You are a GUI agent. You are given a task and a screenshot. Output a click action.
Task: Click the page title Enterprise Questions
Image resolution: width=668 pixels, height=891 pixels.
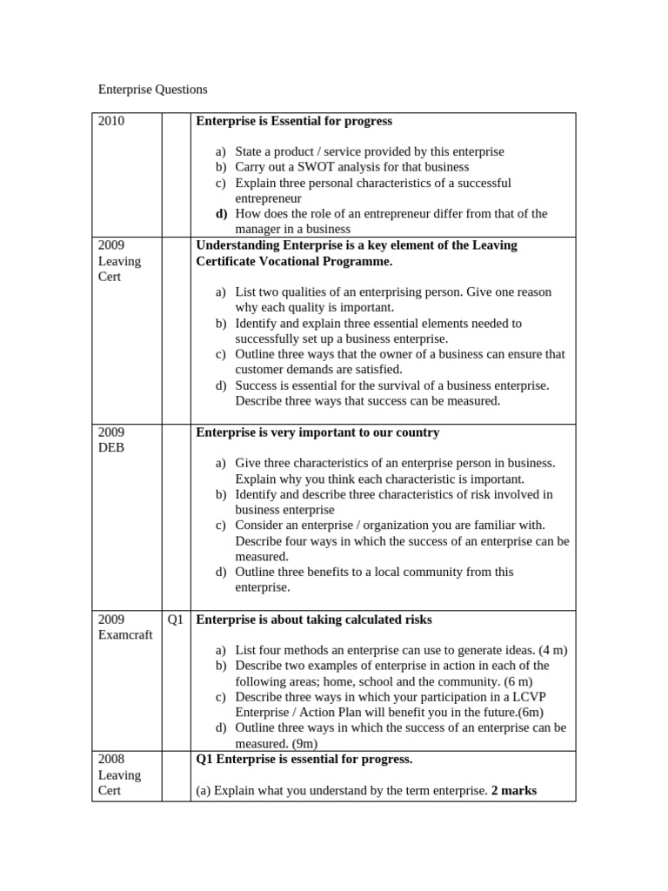[x=152, y=90]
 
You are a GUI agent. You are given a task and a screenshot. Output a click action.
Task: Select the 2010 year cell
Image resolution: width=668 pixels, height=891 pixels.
[x=111, y=122]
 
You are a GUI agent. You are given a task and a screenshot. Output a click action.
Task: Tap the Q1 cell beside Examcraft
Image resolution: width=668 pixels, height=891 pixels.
[x=176, y=620]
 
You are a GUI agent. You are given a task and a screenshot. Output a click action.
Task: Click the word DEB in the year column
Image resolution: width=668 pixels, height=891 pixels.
[x=111, y=448]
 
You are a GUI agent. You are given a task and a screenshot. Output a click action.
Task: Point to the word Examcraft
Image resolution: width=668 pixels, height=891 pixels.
[x=125, y=635]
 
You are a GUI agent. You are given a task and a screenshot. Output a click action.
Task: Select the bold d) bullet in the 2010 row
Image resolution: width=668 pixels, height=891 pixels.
[x=221, y=214]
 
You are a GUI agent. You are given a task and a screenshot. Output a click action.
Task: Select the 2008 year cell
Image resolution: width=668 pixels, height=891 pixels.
[x=111, y=760]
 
